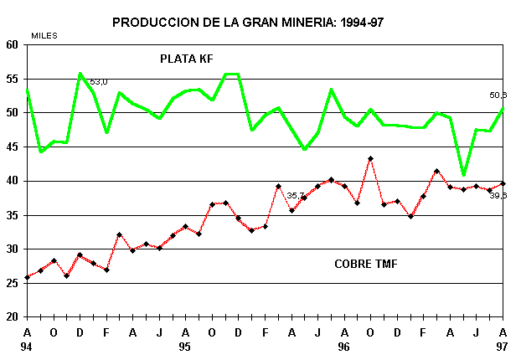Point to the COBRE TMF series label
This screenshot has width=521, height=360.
point(365,265)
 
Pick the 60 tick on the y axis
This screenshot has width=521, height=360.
point(13,45)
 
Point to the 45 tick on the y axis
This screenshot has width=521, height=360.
point(13,147)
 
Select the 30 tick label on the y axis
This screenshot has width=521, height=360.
point(13,249)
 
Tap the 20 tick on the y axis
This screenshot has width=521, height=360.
point(13,317)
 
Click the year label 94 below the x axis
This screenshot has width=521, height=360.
point(27,346)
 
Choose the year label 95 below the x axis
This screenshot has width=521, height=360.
point(185,346)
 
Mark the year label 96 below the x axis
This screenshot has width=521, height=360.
point(343,346)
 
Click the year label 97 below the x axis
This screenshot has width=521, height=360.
point(502,346)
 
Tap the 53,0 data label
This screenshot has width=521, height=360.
point(99,82)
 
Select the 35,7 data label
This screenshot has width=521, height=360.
point(296,195)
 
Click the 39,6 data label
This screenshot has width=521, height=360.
point(498,195)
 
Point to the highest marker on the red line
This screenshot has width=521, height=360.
point(370,158)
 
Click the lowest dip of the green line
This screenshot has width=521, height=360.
point(463,175)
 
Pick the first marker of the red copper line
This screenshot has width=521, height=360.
point(27,277)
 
